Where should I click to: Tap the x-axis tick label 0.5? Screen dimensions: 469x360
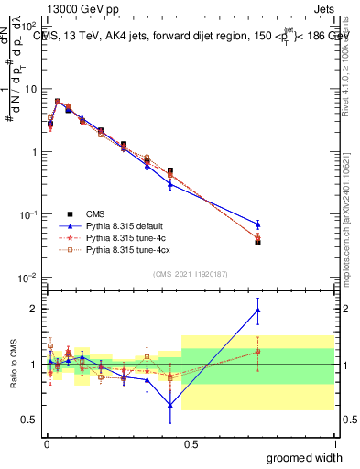pyautogui.click(x=191, y=443)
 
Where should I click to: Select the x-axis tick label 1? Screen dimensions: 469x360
pyautogui.click(x=335, y=443)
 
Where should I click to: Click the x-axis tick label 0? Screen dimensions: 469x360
pyautogui.click(x=46, y=443)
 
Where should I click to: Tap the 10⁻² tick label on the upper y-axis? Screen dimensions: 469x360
pyautogui.click(x=29, y=277)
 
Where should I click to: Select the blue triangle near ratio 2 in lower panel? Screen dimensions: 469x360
pyautogui.click(x=258, y=310)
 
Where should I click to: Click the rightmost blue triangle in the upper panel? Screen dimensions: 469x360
pyautogui.click(x=258, y=224)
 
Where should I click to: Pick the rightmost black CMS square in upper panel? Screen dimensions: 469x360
pyautogui.click(x=258, y=242)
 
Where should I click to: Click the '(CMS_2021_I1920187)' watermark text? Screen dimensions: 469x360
pyautogui.click(x=191, y=274)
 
